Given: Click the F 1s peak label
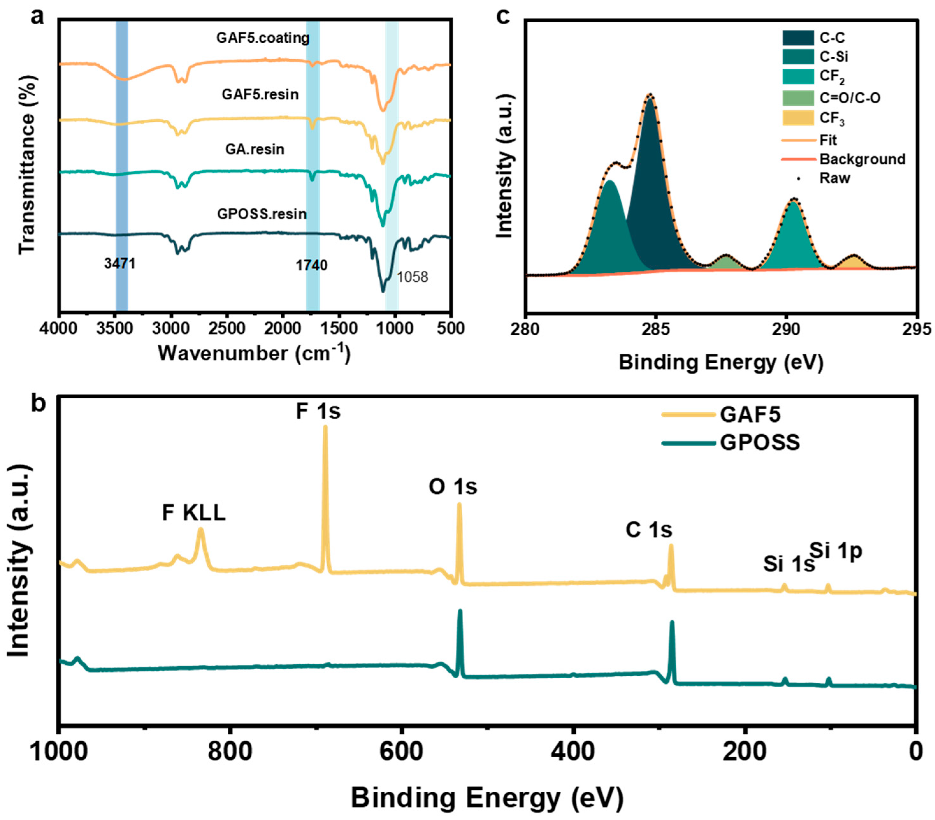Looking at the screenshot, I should (x=318, y=411).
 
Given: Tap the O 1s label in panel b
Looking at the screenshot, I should (x=452, y=487).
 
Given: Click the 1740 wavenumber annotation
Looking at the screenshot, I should (x=312, y=265).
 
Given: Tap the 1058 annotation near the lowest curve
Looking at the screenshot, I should (x=412, y=277).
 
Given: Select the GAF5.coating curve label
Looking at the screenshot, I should (x=263, y=38).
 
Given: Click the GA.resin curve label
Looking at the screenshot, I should (x=255, y=149).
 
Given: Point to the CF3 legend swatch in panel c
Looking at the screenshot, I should (x=798, y=118).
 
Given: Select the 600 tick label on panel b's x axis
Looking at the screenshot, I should (x=402, y=751).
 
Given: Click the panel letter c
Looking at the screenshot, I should (x=503, y=17).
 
